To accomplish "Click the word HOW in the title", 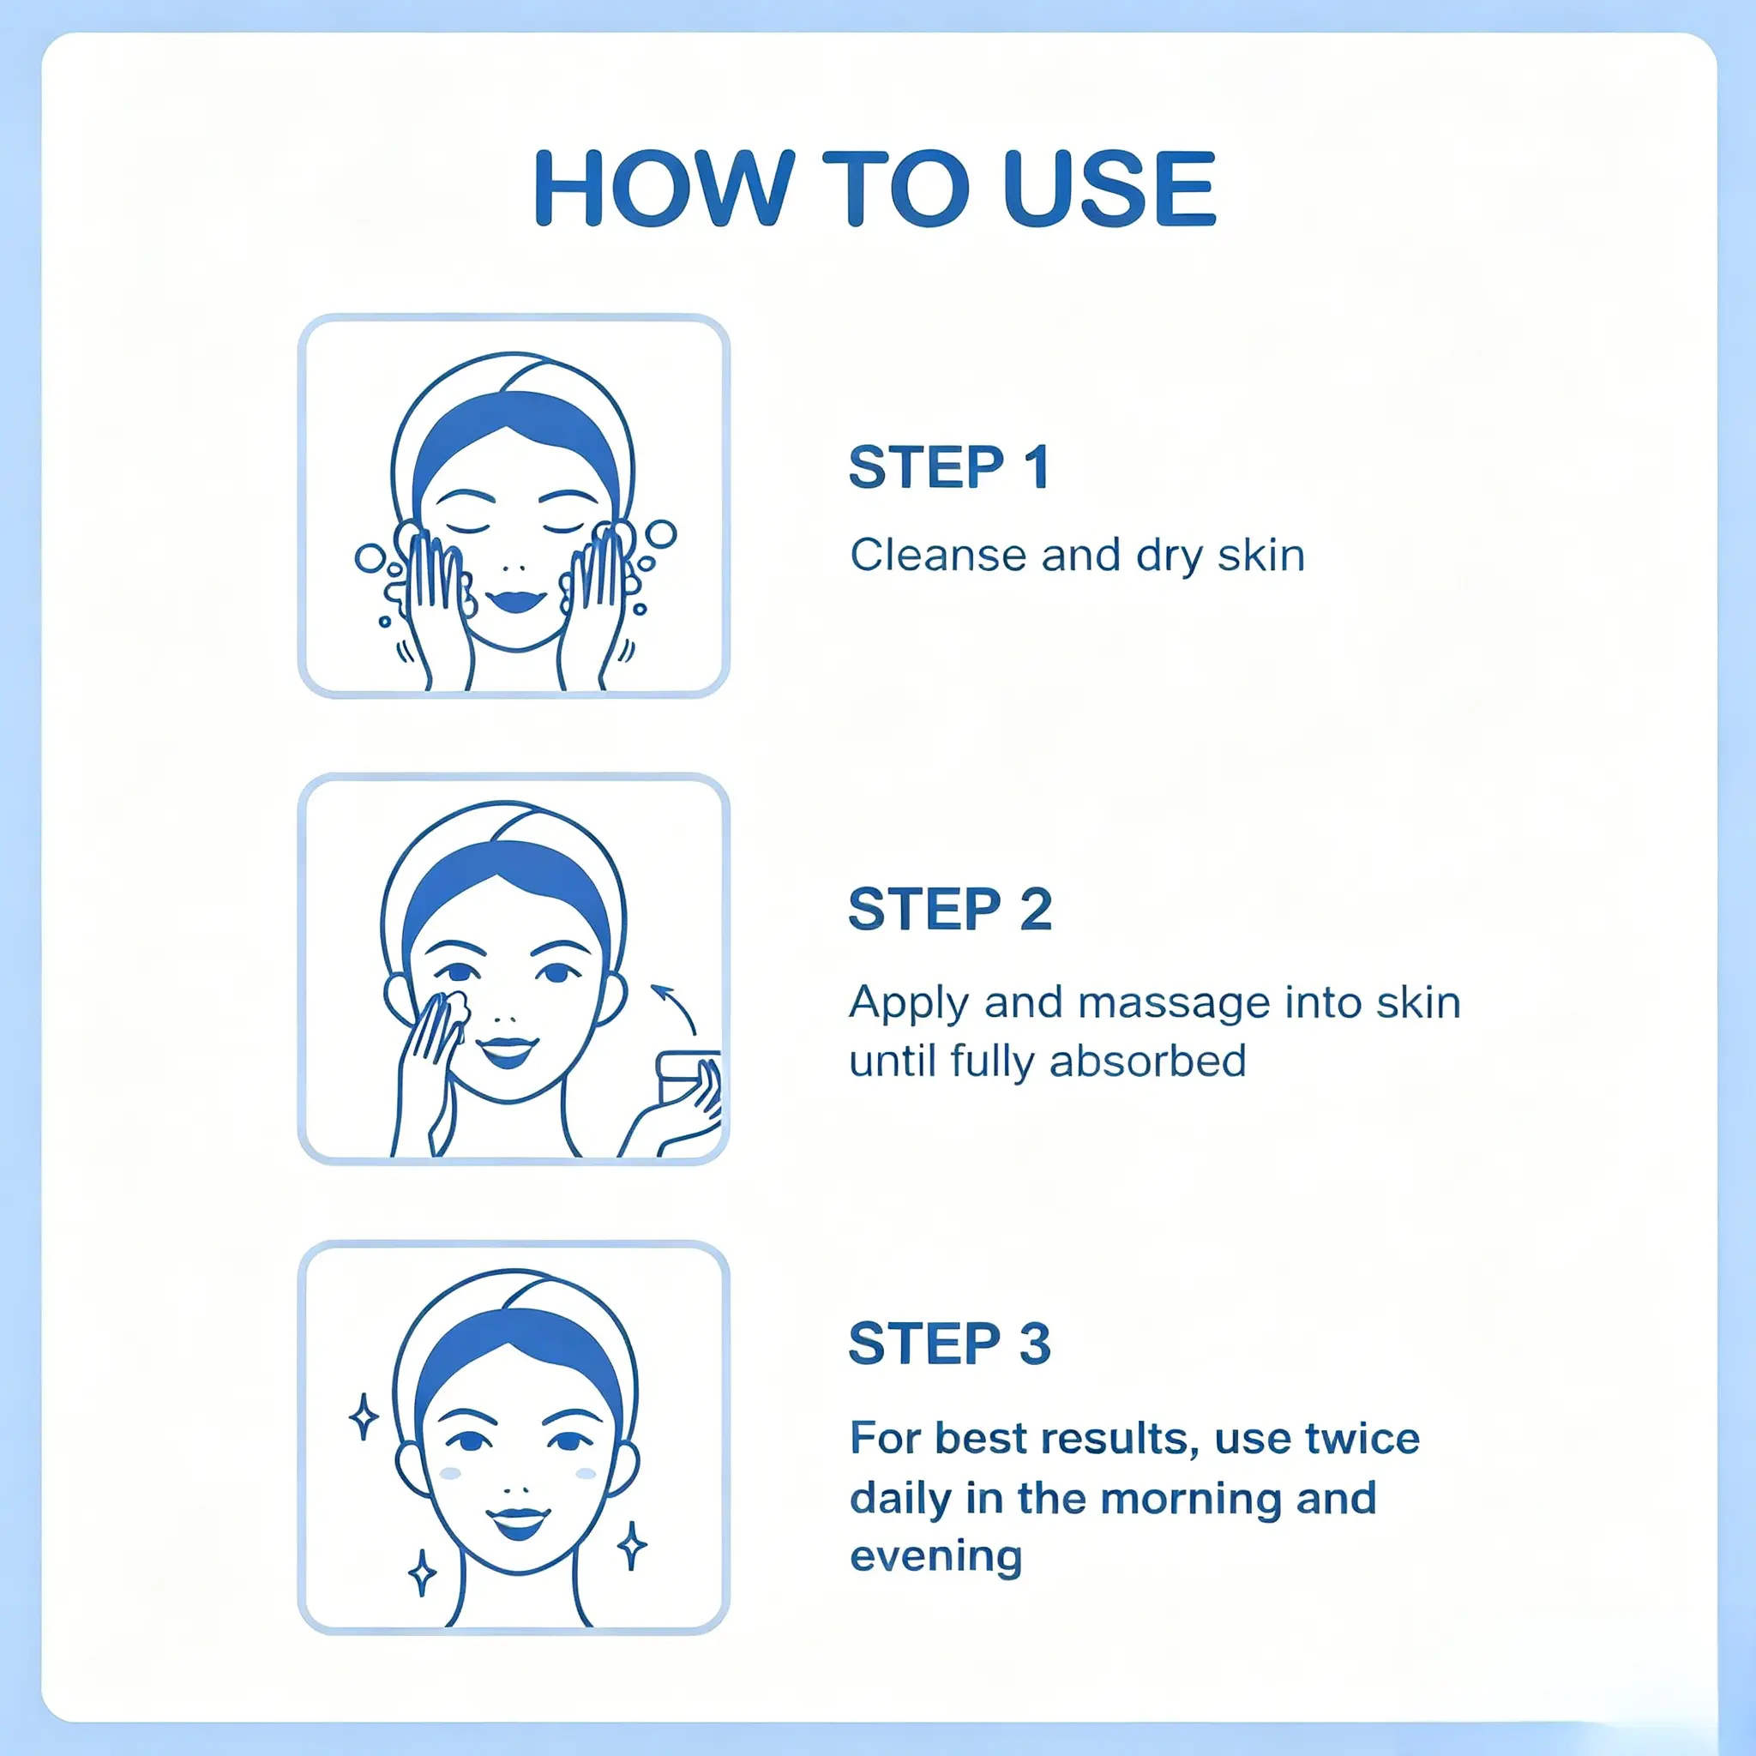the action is click(x=665, y=188).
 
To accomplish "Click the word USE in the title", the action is click(x=1110, y=188).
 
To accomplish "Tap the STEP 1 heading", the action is click(x=949, y=467).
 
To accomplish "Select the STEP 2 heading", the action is click(x=950, y=909).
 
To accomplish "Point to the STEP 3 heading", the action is click(x=950, y=1344).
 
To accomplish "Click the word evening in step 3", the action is click(x=936, y=1557).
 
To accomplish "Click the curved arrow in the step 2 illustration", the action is click(x=675, y=1007).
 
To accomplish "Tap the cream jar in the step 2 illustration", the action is click(x=688, y=1078).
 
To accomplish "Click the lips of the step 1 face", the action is click(x=515, y=601).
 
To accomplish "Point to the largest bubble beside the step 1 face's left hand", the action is click(x=370, y=558).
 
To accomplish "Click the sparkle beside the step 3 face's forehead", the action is click(x=364, y=1417).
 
